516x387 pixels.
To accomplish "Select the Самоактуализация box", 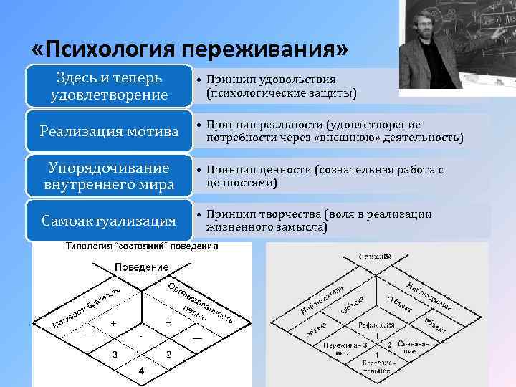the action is (x=110, y=221).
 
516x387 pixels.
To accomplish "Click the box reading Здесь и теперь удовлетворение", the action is (x=110, y=86).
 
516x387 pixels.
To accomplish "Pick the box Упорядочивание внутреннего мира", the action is (x=110, y=176).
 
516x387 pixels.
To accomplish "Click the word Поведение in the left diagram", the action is (x=141, y=267).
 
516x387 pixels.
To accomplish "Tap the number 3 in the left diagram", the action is (x=114, y=354).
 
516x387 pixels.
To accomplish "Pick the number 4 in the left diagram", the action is (x=141, y=371).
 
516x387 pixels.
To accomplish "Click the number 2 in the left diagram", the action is (x=168, y=354).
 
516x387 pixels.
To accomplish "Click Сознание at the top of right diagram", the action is (x=376, y=257).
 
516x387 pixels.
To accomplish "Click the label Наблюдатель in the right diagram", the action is (x=322, y=297).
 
